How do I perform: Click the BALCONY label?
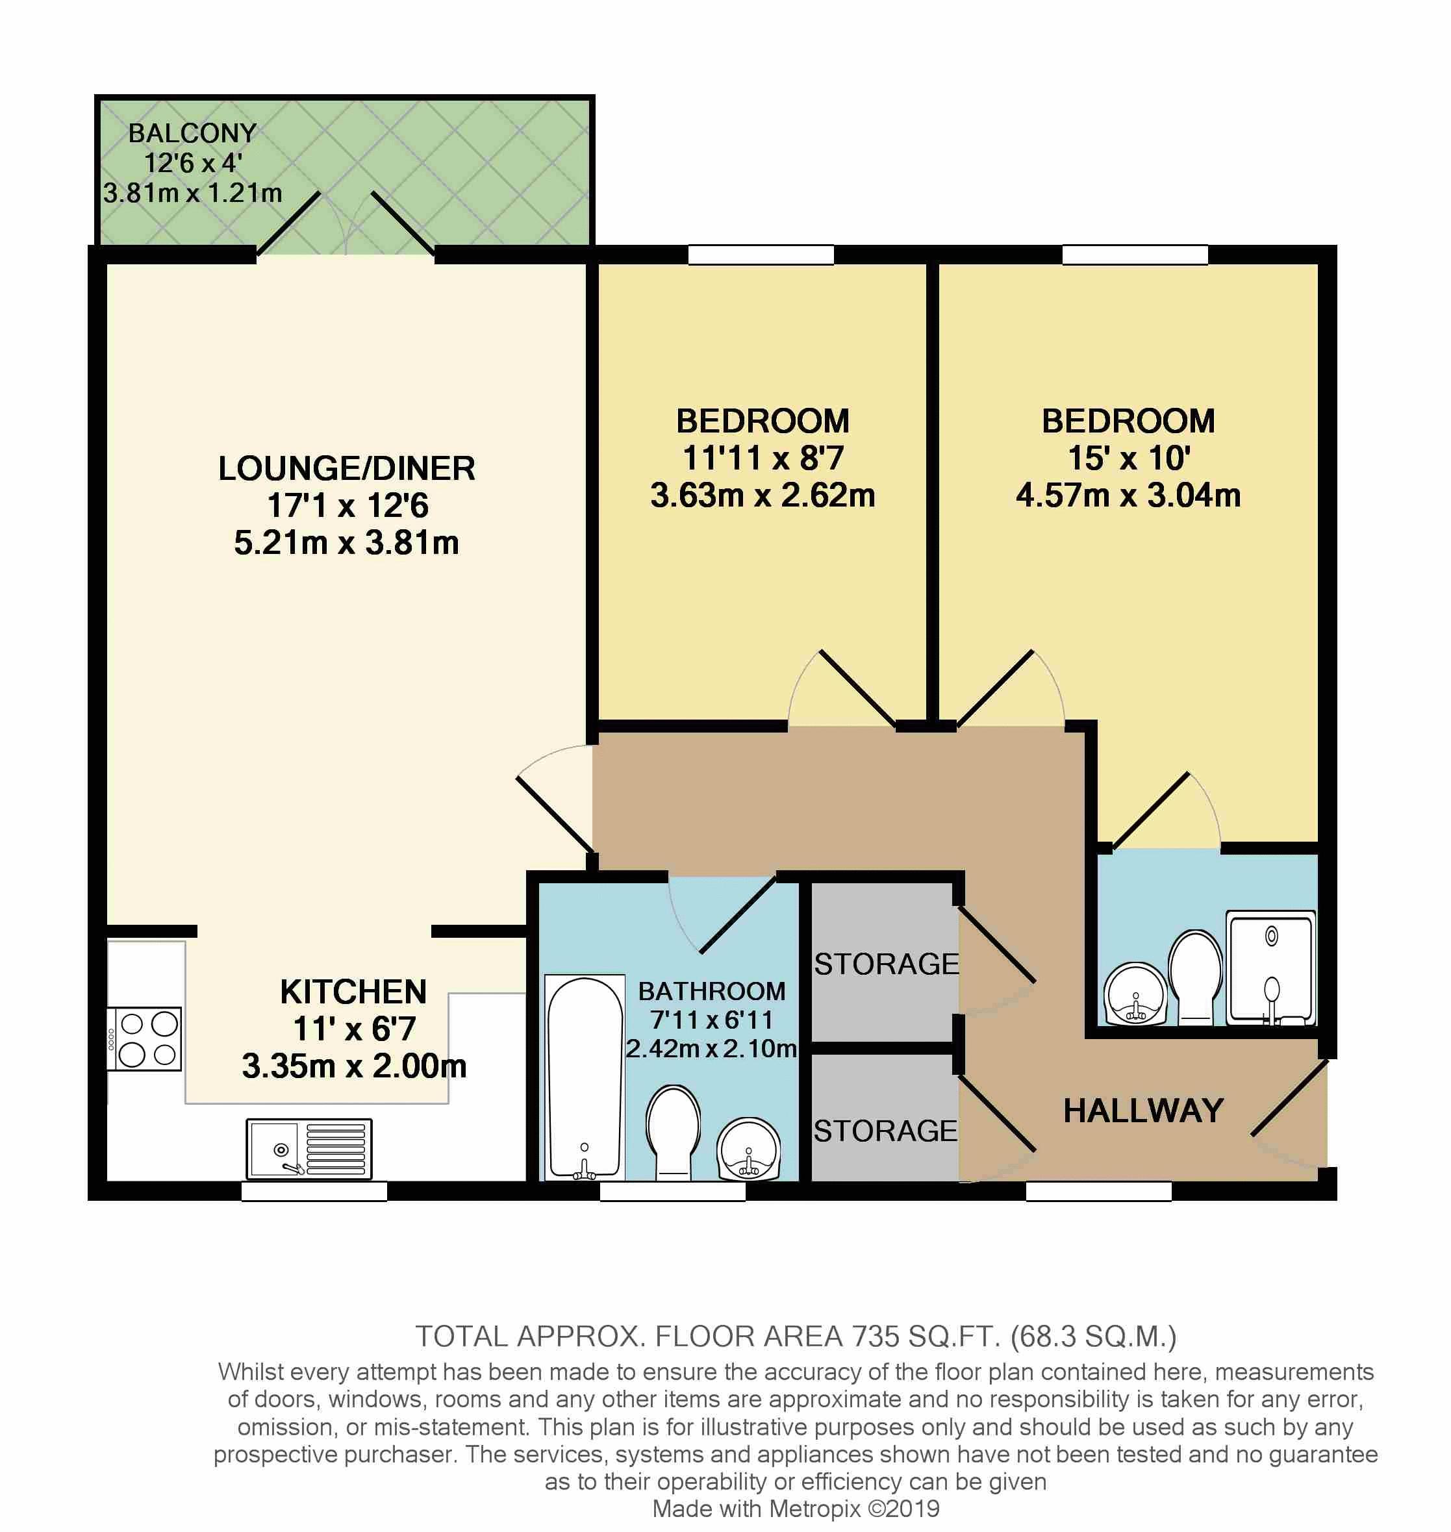(x=192, y=133)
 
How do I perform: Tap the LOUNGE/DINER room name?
(x=346, y=469)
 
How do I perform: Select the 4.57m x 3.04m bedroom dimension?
(x=1128, y=495)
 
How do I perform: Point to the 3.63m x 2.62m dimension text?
(x=763, y=495)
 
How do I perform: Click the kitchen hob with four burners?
(x=144, y=1038)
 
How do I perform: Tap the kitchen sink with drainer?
(x=309, y=1148)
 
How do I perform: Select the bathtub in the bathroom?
(x=585, y=1077)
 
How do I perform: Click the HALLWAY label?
(x=1143, y=1111)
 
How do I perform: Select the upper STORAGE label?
(x=887, y=964)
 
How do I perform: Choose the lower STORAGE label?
(x=886, y=1131)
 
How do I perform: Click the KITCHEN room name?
(x=353, y=992)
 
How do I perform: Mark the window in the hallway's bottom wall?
(x=1098, y=1192)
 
